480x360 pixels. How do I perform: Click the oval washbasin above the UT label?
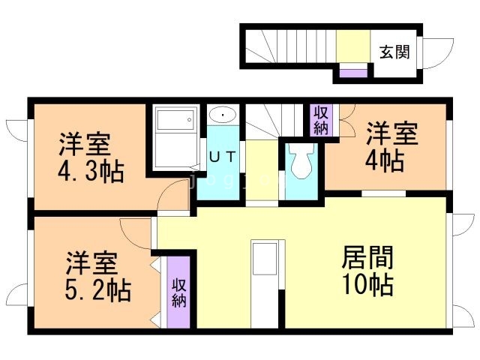coord(222,115)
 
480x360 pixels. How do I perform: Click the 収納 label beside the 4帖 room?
coord(321,120)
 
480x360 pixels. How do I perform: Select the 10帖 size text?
coord(368,285)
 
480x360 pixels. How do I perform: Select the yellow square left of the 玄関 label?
coord(349,46)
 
